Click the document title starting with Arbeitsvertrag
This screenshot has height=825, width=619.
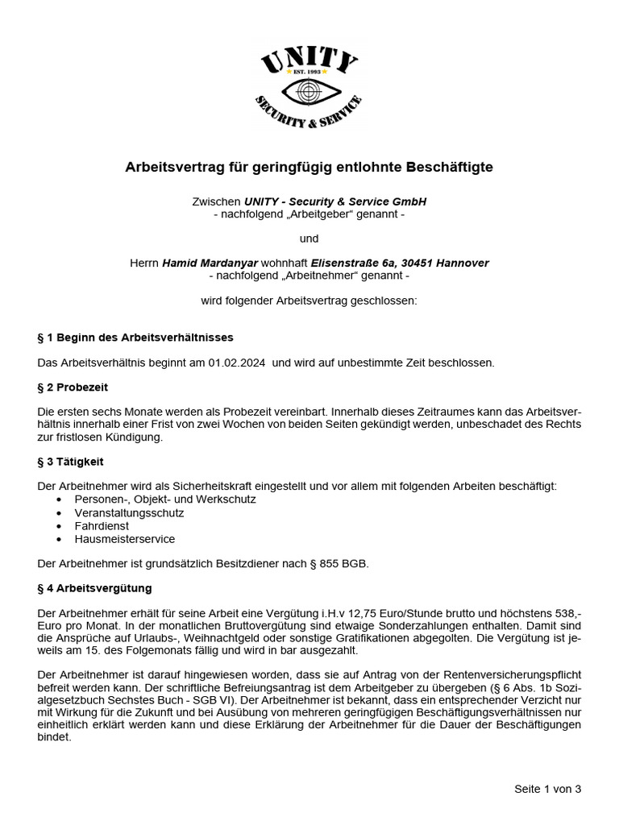pyautogui.click(x=309, y=168)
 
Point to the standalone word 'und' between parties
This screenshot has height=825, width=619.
pyautogui.click(x=309, y=238)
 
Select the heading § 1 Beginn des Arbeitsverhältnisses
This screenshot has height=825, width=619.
pyautogui.click(x=135, y=337)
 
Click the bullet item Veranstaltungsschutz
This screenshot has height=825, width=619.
pyautogui.click(x=129, y=512)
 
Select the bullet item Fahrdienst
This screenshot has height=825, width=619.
pyautogui.click(x=102, y=525)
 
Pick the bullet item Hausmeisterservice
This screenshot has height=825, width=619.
pyautogui.click(x=124, y=539)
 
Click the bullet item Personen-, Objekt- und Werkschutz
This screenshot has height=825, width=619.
pyautogui.click(x=165, y=500)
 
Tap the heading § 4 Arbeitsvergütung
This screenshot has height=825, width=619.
pyautogui.click(x=94, y=588)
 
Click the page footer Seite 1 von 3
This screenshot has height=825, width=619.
pyautogui.click(x=547, y=789)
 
